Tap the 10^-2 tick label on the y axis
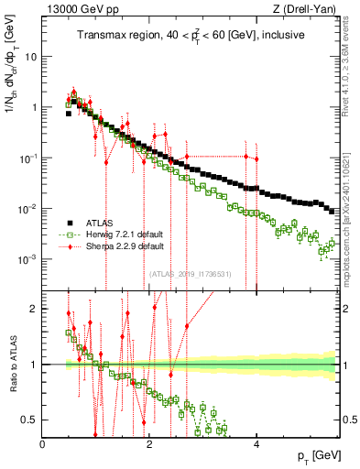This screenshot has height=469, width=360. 28,209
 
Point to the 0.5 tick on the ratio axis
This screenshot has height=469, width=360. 29,420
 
